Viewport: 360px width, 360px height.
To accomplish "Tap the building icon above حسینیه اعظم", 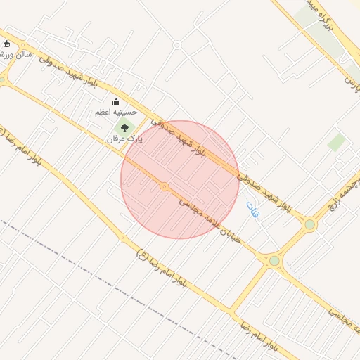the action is point(117,102).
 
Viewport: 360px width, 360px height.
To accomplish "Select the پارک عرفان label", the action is point(124,139).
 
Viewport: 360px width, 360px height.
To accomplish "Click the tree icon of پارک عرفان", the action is point(125,128).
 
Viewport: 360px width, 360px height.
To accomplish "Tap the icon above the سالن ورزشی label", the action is point(7,44).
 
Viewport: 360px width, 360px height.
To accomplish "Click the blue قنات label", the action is point(252,209).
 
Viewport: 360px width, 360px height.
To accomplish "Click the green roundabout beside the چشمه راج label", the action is point(309,224).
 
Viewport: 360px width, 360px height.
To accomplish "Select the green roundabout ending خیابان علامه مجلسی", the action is point(274,261).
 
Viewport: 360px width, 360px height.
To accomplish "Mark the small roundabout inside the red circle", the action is point(164,186).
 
